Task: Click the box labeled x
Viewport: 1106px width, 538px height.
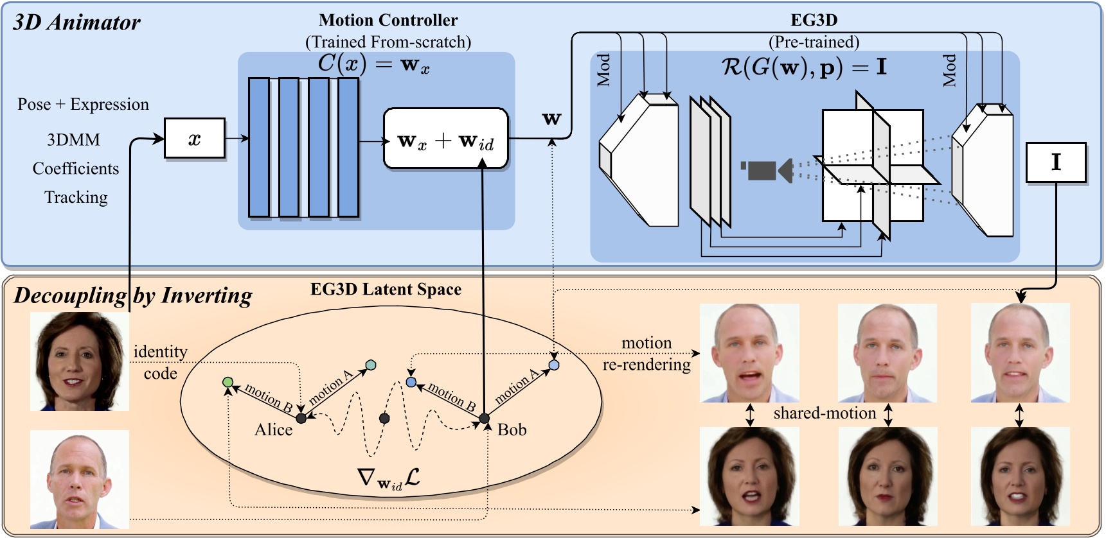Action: click(195, 138)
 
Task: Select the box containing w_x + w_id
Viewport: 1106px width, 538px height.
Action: click(445, 139)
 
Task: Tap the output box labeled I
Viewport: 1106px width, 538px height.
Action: click(1056, 162)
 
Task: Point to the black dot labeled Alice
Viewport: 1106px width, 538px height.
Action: click(301, 418)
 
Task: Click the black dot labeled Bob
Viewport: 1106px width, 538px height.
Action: click(485, 419)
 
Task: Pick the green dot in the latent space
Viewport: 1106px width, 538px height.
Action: click(227, 382)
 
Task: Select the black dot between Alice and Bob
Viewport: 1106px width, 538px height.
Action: click(384, 419)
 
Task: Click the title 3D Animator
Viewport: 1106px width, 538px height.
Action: click(76, 22)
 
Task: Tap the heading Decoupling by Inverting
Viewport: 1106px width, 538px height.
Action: click(133, 295)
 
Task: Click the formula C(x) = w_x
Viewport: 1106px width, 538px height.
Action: click(373, 64)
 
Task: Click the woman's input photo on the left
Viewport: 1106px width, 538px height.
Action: click(80, 361)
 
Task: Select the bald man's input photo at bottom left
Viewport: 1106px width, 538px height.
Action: click(80, 479)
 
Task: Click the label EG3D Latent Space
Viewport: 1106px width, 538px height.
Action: click(386, 290)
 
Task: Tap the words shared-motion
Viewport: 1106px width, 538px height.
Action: click(825, 413)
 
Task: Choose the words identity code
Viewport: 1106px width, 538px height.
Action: click(160, 362)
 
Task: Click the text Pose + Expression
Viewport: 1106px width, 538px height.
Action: click(83, 104)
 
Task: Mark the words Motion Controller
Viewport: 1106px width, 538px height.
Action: click(388, 21)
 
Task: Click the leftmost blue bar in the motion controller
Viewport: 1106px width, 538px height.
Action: click(259, 148)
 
